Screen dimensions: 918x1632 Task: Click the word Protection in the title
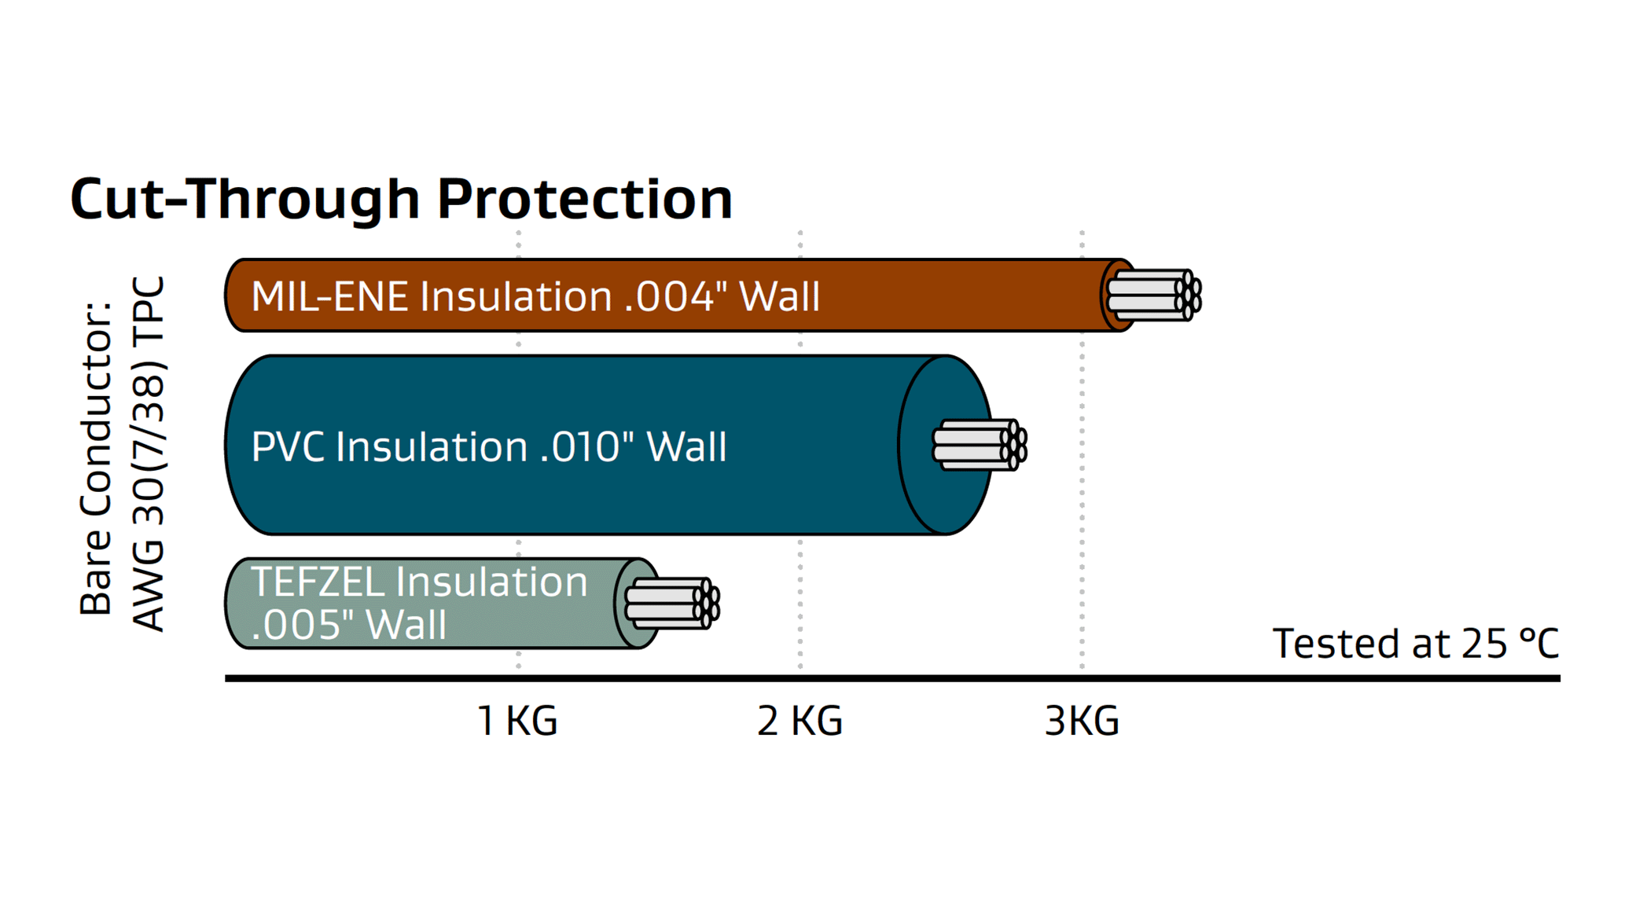tap(584, 199)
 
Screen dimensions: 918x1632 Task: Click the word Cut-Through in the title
tap(244, 199)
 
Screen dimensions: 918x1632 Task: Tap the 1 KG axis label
tap(517, 721)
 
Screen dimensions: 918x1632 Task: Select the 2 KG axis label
tap(799, 721)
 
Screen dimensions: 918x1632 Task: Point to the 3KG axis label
tap(1082, 721)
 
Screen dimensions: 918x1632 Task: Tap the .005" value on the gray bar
tap(302, 625)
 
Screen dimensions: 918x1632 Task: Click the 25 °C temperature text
tap(1509, 644)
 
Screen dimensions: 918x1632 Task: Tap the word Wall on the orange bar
tap(780, 297)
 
